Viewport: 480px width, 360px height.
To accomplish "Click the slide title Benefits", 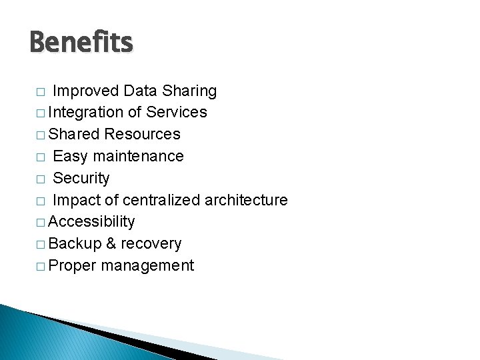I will [x=81, y=43].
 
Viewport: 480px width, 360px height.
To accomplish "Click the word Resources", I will [x=142, y=134].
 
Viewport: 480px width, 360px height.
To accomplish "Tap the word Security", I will [x=81, y=179].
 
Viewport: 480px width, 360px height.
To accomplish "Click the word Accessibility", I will [x=91, y=222].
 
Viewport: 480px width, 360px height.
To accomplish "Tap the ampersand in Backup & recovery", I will [x=110, y=244].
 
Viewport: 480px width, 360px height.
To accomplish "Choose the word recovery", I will [x=151, y=244].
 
